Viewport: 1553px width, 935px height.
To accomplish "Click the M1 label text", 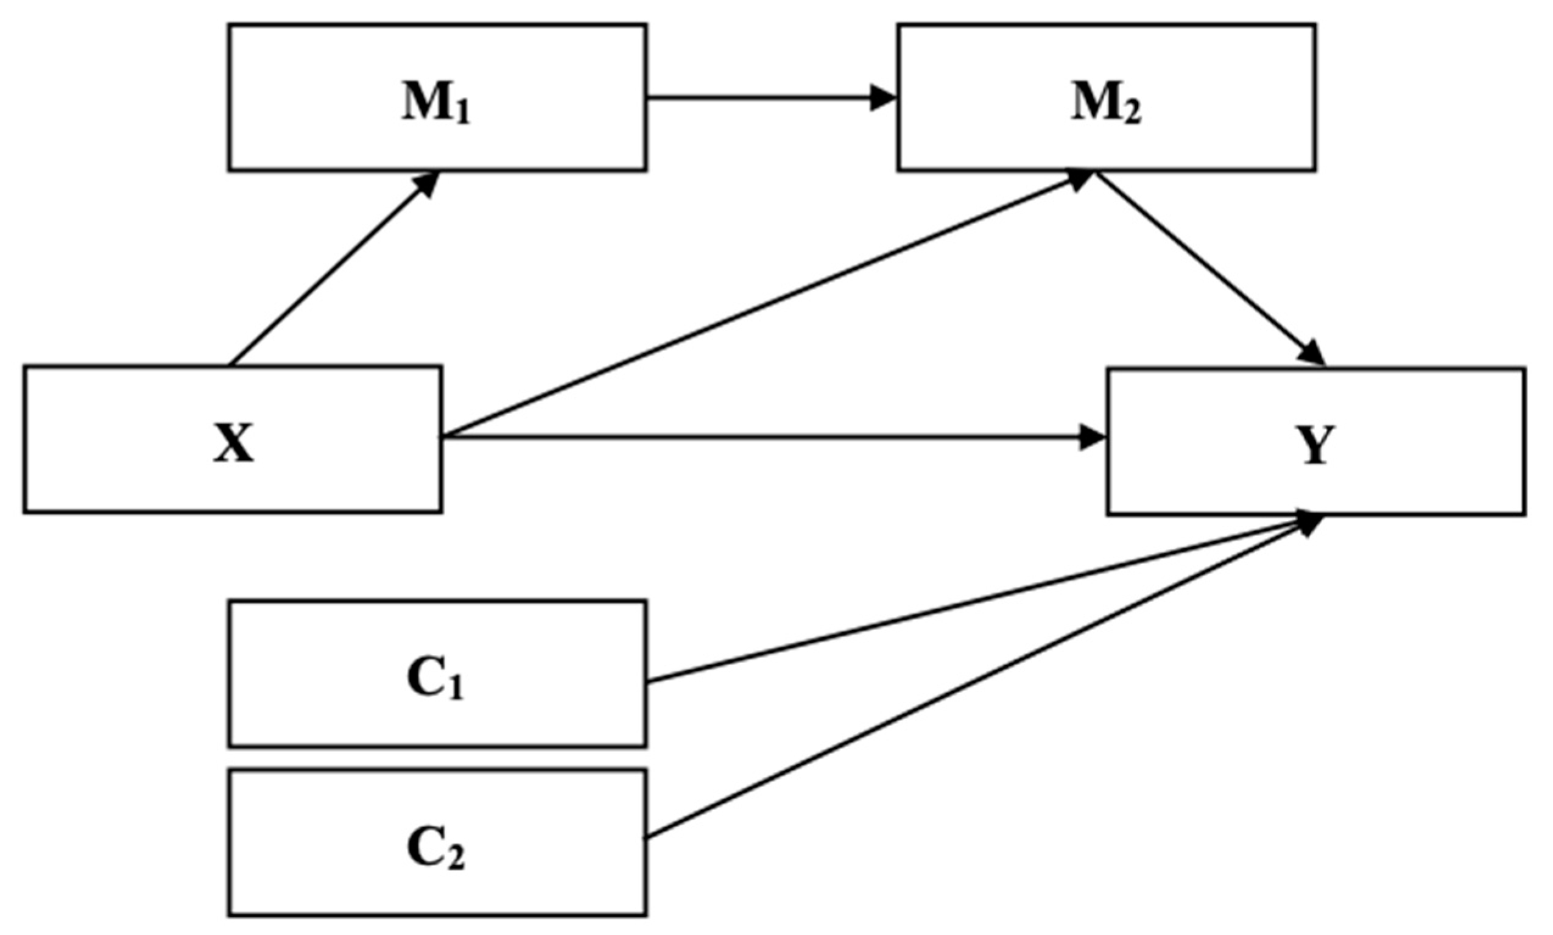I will (x=437, y=105).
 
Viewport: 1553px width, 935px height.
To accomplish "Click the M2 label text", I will (x=1106, y=105).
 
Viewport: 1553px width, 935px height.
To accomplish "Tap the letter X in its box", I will (x=233, y=444).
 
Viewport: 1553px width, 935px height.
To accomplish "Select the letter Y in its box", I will (x=1315, y=445).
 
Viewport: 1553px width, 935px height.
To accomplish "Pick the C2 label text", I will (x=436, y=849).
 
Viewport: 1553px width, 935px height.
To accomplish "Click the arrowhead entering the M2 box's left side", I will (x=883, y=98).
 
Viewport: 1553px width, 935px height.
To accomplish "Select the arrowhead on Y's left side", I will (x=1092, y=437).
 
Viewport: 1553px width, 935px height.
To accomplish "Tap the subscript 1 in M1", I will (x=462, y=115).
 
